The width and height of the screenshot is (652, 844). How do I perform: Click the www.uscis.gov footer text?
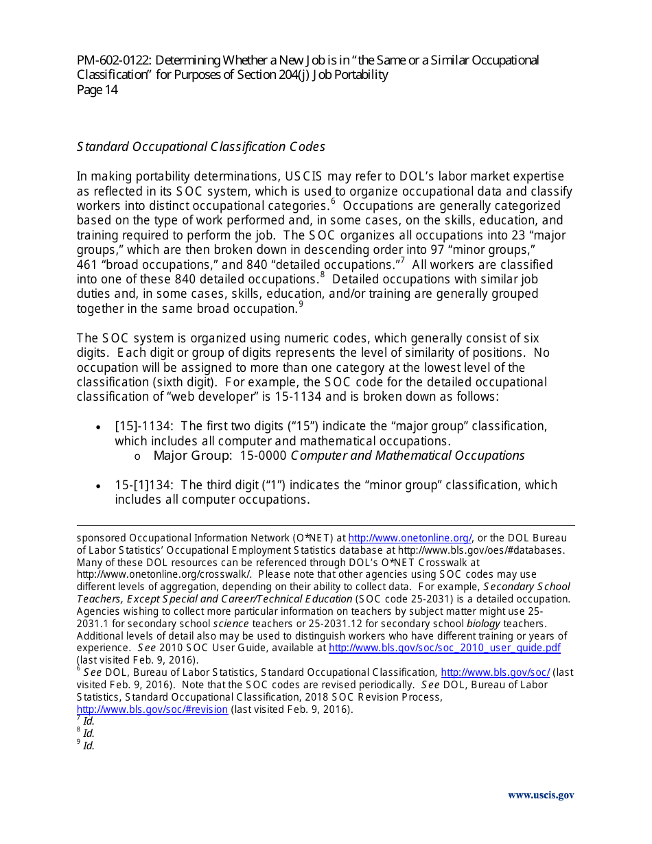541,795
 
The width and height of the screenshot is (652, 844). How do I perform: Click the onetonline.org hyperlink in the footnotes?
410,538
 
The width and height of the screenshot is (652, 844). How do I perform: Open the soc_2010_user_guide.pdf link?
445,648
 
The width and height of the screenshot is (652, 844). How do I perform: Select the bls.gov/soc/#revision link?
152,710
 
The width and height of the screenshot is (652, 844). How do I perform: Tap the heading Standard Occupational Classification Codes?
200,147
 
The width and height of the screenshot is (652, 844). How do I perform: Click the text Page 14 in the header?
97,90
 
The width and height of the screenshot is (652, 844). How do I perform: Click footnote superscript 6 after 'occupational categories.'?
333,202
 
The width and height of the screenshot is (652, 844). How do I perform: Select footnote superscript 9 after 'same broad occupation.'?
301,305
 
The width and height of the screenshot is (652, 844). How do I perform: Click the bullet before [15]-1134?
100,427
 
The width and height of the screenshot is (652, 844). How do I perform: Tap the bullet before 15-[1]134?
100,486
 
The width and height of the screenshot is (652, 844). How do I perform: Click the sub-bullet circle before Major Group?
137,456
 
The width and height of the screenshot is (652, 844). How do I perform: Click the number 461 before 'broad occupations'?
87,265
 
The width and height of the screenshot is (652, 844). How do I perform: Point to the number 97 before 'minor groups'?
450,250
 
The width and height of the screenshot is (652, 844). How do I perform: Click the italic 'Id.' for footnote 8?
89,734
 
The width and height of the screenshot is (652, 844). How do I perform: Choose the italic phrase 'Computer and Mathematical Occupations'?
408,456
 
